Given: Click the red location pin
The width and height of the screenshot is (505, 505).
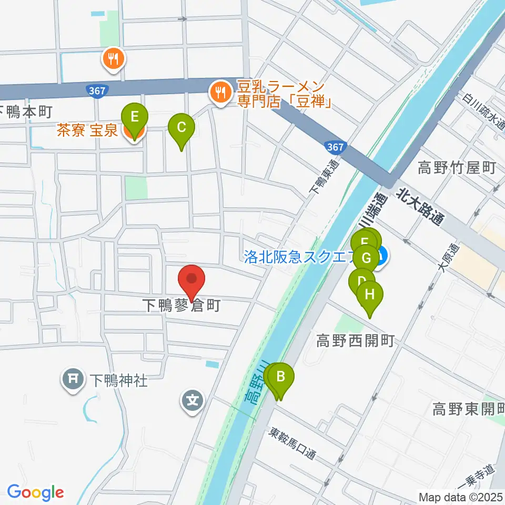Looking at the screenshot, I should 191,279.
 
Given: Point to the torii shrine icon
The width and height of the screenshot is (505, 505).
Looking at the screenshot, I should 74,379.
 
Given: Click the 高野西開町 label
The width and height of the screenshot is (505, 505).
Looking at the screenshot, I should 355,341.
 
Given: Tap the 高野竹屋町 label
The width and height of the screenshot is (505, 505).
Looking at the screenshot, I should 457,168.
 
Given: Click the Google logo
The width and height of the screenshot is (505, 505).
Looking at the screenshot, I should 35,492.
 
